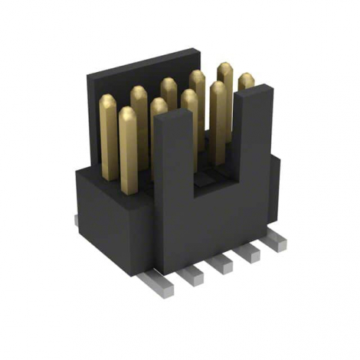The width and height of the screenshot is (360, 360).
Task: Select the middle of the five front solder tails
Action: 222,263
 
